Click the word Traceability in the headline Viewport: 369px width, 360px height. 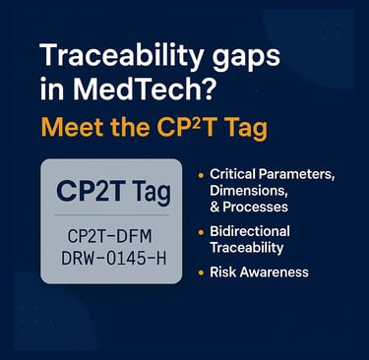pos(121,56)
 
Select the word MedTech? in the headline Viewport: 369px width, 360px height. pos(145,89)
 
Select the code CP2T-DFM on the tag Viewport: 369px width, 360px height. pos(110,236)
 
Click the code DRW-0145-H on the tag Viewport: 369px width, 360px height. pos(113,259)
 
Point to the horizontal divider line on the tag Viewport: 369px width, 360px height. pos(111,215)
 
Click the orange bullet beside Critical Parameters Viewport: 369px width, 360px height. pos(201,175)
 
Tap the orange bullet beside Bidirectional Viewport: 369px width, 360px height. pos(201,232)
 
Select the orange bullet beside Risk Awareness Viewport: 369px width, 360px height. pos(201,272)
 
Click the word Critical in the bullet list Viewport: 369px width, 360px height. pos(232,174)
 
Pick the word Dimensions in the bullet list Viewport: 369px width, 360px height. pos(249,191)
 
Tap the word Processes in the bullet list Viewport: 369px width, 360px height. pos(256,207)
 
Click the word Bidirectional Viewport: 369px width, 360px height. pos(250,231)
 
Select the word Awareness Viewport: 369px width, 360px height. pos(275,272)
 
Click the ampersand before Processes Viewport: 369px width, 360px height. pos(215,208)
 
